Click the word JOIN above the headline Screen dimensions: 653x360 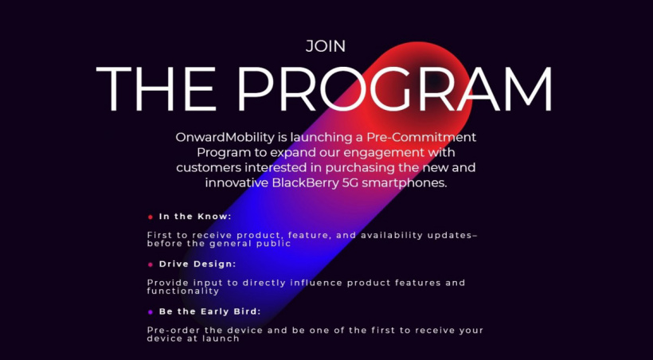pyautogui.click(x=325, y=46)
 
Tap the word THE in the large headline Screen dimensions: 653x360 pyautogui.click(x=156, y=88)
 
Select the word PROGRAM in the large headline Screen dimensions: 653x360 pyautogui.click(x=394, y=88)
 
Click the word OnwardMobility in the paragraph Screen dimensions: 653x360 pyautogui.click(x=225, y=137)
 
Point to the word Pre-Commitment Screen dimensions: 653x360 pyautogui.click(x=421, y=137)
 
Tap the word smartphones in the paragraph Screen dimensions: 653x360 pyautogui.click(x=405, y=183)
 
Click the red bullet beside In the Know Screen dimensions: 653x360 pyautogui.click(x=151, y=217)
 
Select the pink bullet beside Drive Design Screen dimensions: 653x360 pyautogui.click(x=151, y=264)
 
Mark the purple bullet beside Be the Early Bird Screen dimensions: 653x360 pyautogui.click(x=151, y=311)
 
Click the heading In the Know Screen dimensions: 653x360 pyautogui.click(x=195, y=217)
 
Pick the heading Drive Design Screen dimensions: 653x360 pyautogui.click(x=197, y=264)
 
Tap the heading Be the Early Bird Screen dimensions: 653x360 pyautogui.click(x=210, y=311)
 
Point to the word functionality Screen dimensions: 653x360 pyautogui.click(x=183, y=291)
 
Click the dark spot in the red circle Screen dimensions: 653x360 pyautogui.click(x=435, y=80)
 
